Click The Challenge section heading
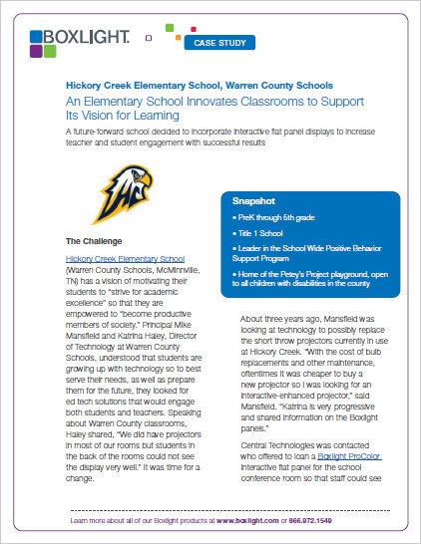(94, 241)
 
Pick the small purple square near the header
(149, 39)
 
